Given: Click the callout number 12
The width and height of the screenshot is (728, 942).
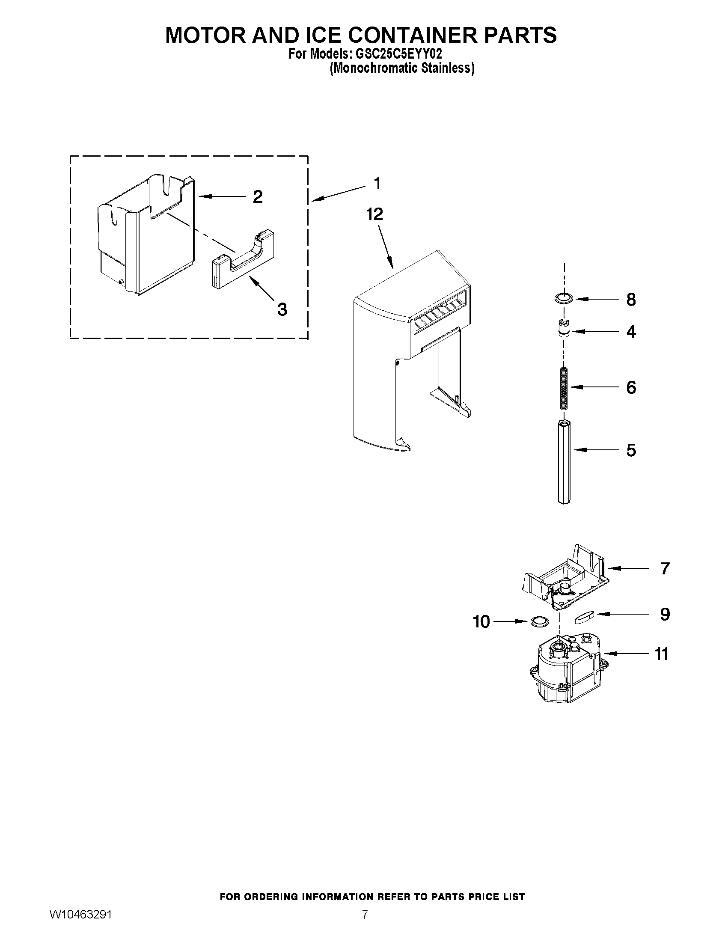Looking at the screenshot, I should coord(374,214).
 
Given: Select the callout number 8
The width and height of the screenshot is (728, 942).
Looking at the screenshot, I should coord(631,299).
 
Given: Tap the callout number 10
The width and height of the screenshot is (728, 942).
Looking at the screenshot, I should coord(481,622).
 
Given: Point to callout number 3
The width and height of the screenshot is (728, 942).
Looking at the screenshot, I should coord(282,309).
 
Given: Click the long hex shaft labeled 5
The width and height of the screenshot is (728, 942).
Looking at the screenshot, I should coord(564,461).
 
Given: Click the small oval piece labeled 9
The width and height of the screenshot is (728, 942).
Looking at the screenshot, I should coord(585,617).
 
